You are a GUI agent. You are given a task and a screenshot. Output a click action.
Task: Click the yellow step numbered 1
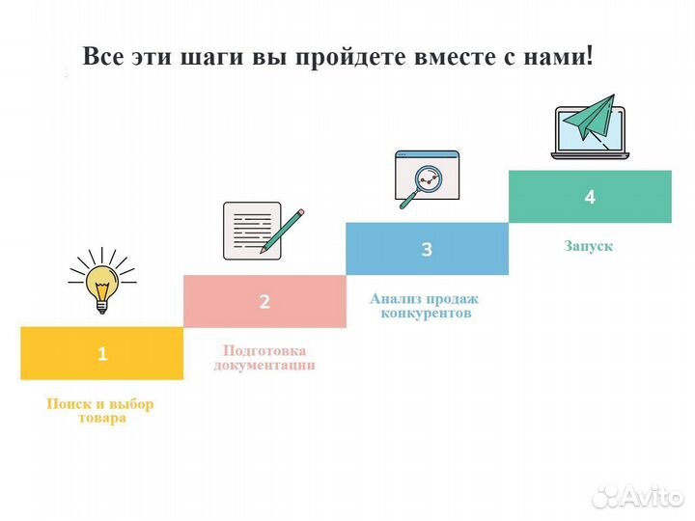coord(101,353)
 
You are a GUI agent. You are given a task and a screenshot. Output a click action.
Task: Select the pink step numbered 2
coord(264,301)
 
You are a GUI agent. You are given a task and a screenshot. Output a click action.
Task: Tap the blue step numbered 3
coord(427,249)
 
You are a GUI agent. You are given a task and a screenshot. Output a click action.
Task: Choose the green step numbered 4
coord(590,197)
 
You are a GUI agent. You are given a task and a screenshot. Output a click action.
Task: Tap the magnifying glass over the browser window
coord(426,182)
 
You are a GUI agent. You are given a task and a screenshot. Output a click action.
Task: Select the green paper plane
coord(592,122)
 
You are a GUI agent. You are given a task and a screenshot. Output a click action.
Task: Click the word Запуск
coord(589,246)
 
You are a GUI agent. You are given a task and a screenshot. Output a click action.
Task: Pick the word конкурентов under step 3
coord(426,314)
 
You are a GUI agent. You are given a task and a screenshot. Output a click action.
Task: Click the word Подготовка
coord(264,351)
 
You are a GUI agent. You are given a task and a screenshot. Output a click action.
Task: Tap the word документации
coord(264,366)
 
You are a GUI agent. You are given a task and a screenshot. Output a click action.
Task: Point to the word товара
coord(100,419)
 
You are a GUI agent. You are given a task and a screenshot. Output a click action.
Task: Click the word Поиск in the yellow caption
coord(68,404)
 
